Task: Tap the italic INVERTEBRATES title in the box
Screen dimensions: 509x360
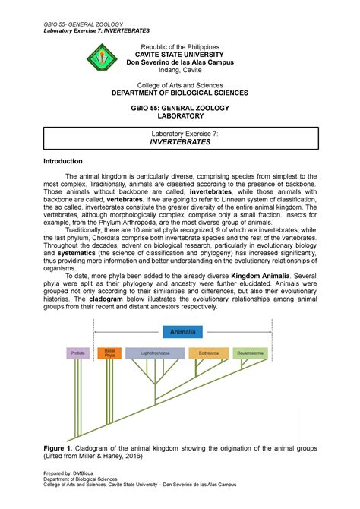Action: click(180, 142)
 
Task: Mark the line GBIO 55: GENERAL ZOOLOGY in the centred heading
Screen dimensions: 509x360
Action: click(180, 109)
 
